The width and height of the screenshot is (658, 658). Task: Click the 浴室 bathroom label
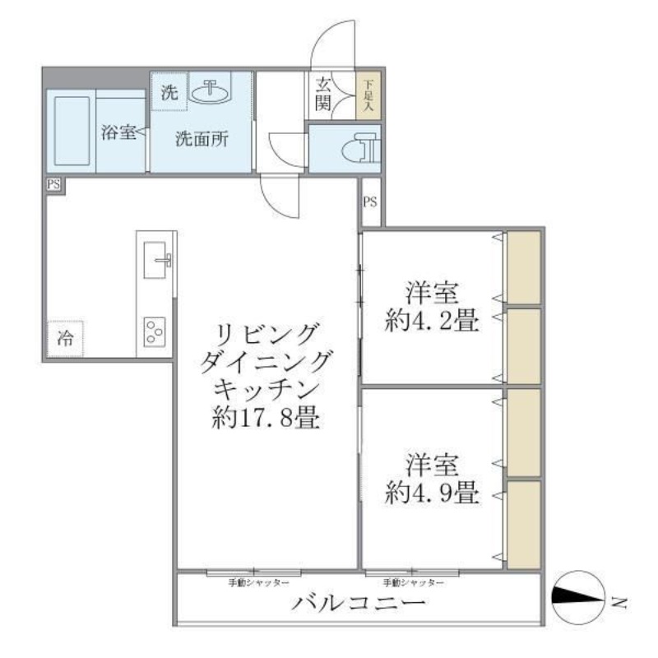point(118,133)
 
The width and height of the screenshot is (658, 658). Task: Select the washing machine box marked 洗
point(169,93)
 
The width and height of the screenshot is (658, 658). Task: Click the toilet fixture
point(362,149)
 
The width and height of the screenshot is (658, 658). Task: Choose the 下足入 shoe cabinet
point(367,95)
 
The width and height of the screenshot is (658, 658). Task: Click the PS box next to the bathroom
point(53,185)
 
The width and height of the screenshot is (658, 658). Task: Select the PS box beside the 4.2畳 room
point(369,202)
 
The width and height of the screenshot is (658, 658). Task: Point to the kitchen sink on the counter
point(156,262)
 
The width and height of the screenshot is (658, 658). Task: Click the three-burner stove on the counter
point(155,331)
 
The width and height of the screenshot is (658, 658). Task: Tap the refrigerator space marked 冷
point(65,337)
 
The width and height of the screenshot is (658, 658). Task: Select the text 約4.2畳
point(432,322)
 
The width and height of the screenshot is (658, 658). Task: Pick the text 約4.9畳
point(432,493)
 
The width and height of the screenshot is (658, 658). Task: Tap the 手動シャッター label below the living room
point(258,582)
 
